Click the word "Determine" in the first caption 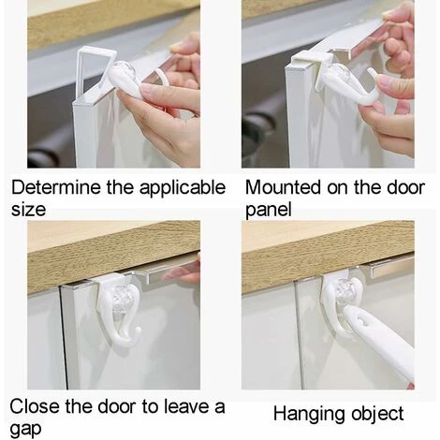pyautogui.click(x=56, y=187)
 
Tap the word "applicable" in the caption pyautogui.click(x=183, y=189)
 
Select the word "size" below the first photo pyautogui.click(x=28, y=210)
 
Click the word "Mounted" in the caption pyautogui.click(x=283, y=187)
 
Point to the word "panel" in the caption pyautogui.click(x=269, y=211)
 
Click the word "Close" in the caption pyautogui.click(x=35, y=406)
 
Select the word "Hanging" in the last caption pyautogui.click(x=309, y=415)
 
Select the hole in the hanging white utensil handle pyautogui.click(x=362, y=321)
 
